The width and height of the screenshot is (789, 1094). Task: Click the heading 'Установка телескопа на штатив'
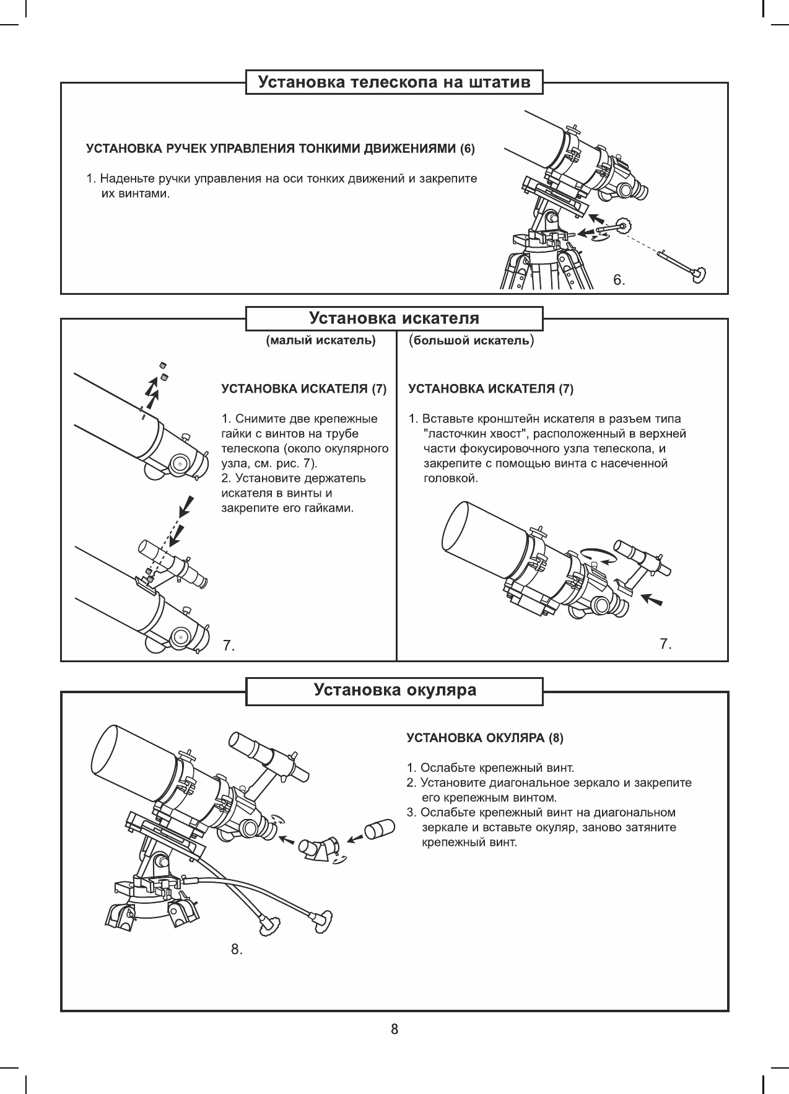point(394,82)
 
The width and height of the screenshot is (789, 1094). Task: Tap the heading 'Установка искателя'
point(394,318)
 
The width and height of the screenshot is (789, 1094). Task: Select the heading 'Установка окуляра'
point(394,690)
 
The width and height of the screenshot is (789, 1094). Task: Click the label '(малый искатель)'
point(321,340)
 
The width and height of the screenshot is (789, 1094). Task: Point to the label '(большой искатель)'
point(471,340)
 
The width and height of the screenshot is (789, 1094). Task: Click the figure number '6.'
point(619,281)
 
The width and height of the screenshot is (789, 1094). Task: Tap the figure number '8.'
point(237,948)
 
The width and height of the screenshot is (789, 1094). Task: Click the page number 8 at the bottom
point(394,1029)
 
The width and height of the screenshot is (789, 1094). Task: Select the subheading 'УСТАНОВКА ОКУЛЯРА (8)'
point(485,738)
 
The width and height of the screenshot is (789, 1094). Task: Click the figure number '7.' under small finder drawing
point(229,645)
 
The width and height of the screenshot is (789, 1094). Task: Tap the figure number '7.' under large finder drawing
point(666,644)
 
